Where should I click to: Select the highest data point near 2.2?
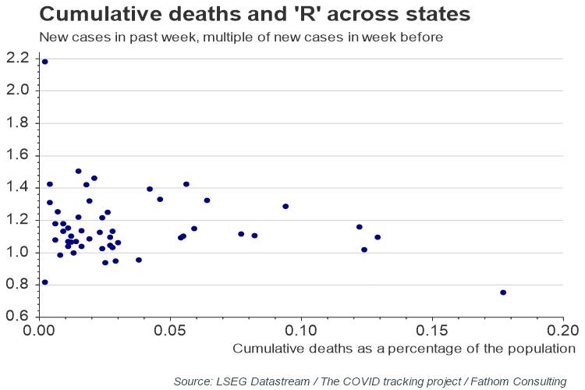tap(44, 62)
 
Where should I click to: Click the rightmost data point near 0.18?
tap(503, 292)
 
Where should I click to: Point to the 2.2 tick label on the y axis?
tap(17, 58)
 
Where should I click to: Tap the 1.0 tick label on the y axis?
tap(17, 252)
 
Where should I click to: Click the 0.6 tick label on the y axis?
tap(17, 317)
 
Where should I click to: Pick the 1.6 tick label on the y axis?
tap(17, 155)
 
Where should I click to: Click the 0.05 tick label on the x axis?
tap(170, 330)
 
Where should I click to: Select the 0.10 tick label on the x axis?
tap(301, 330)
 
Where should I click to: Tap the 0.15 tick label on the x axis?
tap(431, 330)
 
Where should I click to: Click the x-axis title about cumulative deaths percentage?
tap(403, 348)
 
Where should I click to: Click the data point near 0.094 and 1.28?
tap(285, 207)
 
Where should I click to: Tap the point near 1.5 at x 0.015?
tap(78, 171)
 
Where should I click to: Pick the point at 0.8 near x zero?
tap(44, 282)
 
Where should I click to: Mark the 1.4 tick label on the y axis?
tap(17, 187)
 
